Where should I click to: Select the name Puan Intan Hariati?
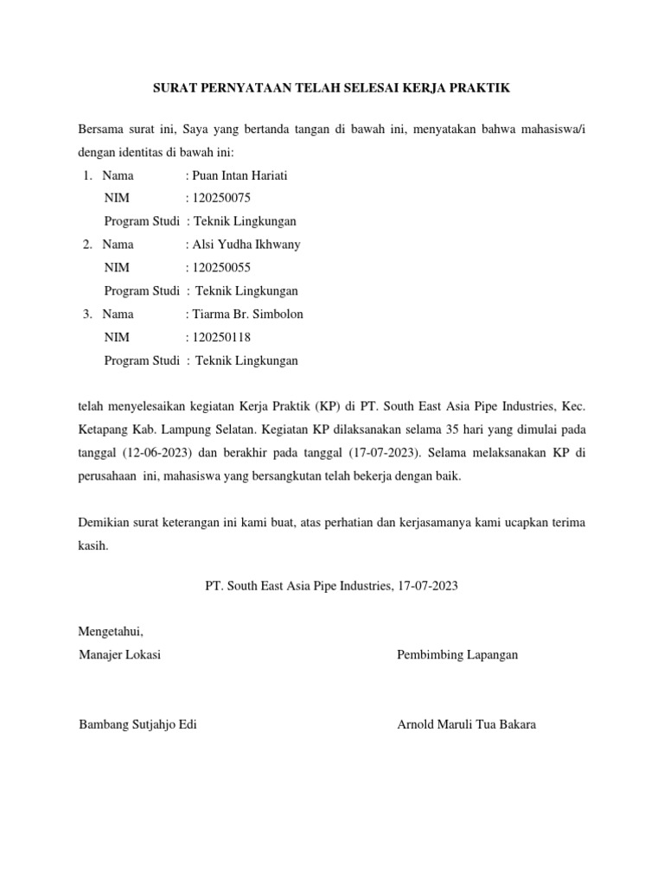[239, 175]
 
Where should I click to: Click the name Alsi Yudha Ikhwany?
[246, 244]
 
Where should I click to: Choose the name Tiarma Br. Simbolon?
[246, 314]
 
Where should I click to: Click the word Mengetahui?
[111, 632]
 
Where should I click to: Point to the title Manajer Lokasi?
[119, 654]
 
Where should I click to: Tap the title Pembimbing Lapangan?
[457, 654]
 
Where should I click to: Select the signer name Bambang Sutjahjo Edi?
[137, 724]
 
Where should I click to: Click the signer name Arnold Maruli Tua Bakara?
[466, 724]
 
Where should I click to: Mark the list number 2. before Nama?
[88, 244]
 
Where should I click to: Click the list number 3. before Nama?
[88, 314]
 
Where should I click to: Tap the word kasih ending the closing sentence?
[93, 545]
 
